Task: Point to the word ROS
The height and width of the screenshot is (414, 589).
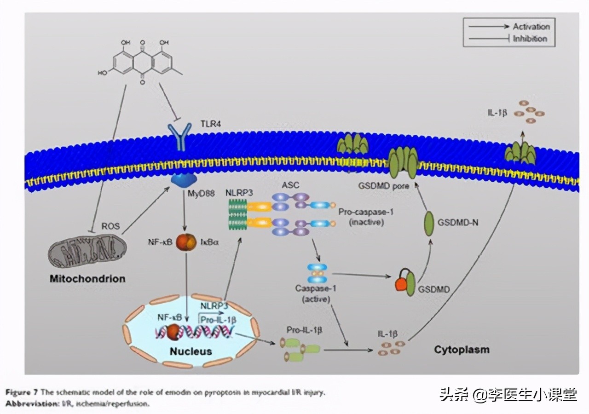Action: point(111,226)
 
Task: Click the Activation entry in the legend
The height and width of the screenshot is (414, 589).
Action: point(531,27)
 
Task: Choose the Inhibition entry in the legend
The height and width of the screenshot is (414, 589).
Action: point(530,39)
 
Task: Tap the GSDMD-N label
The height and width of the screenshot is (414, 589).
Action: point(458,223)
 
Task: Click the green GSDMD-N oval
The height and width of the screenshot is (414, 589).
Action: point(428,224)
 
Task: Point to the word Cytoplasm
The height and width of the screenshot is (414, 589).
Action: point(462,350)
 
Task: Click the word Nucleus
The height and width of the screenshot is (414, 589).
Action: point(191,351)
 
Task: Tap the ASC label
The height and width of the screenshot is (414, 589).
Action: point(290,185)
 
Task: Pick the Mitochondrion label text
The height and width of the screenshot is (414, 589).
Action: point(87,279)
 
